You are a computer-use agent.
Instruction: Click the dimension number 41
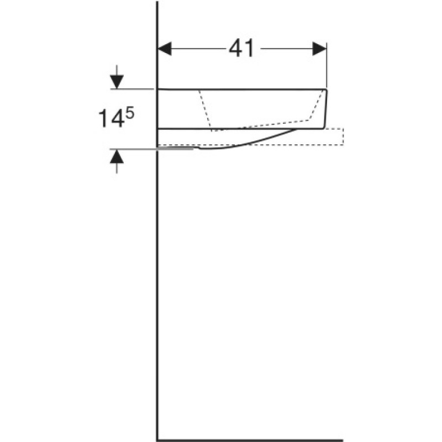[x=241, y=49]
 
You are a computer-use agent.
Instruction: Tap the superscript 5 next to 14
[x=130, y=114]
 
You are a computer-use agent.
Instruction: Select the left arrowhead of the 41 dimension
[x=165, y=49]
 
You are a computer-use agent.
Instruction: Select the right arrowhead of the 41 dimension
[x=319, y=49]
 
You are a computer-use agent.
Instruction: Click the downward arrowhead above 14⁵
[x=117, y=82]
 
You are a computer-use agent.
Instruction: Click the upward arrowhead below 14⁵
[x=117, y=156]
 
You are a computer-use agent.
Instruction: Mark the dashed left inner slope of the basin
[x=205, y=110]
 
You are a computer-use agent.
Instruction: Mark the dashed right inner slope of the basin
[x=316, y=106]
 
